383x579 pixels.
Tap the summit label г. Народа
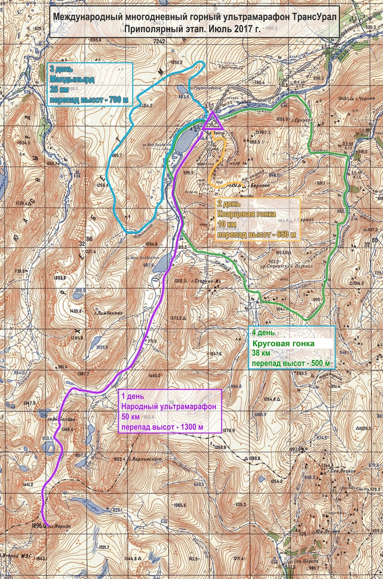tap(61, 526)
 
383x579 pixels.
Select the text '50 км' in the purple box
tap(130, 417)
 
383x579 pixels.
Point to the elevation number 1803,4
tap(119, 458)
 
